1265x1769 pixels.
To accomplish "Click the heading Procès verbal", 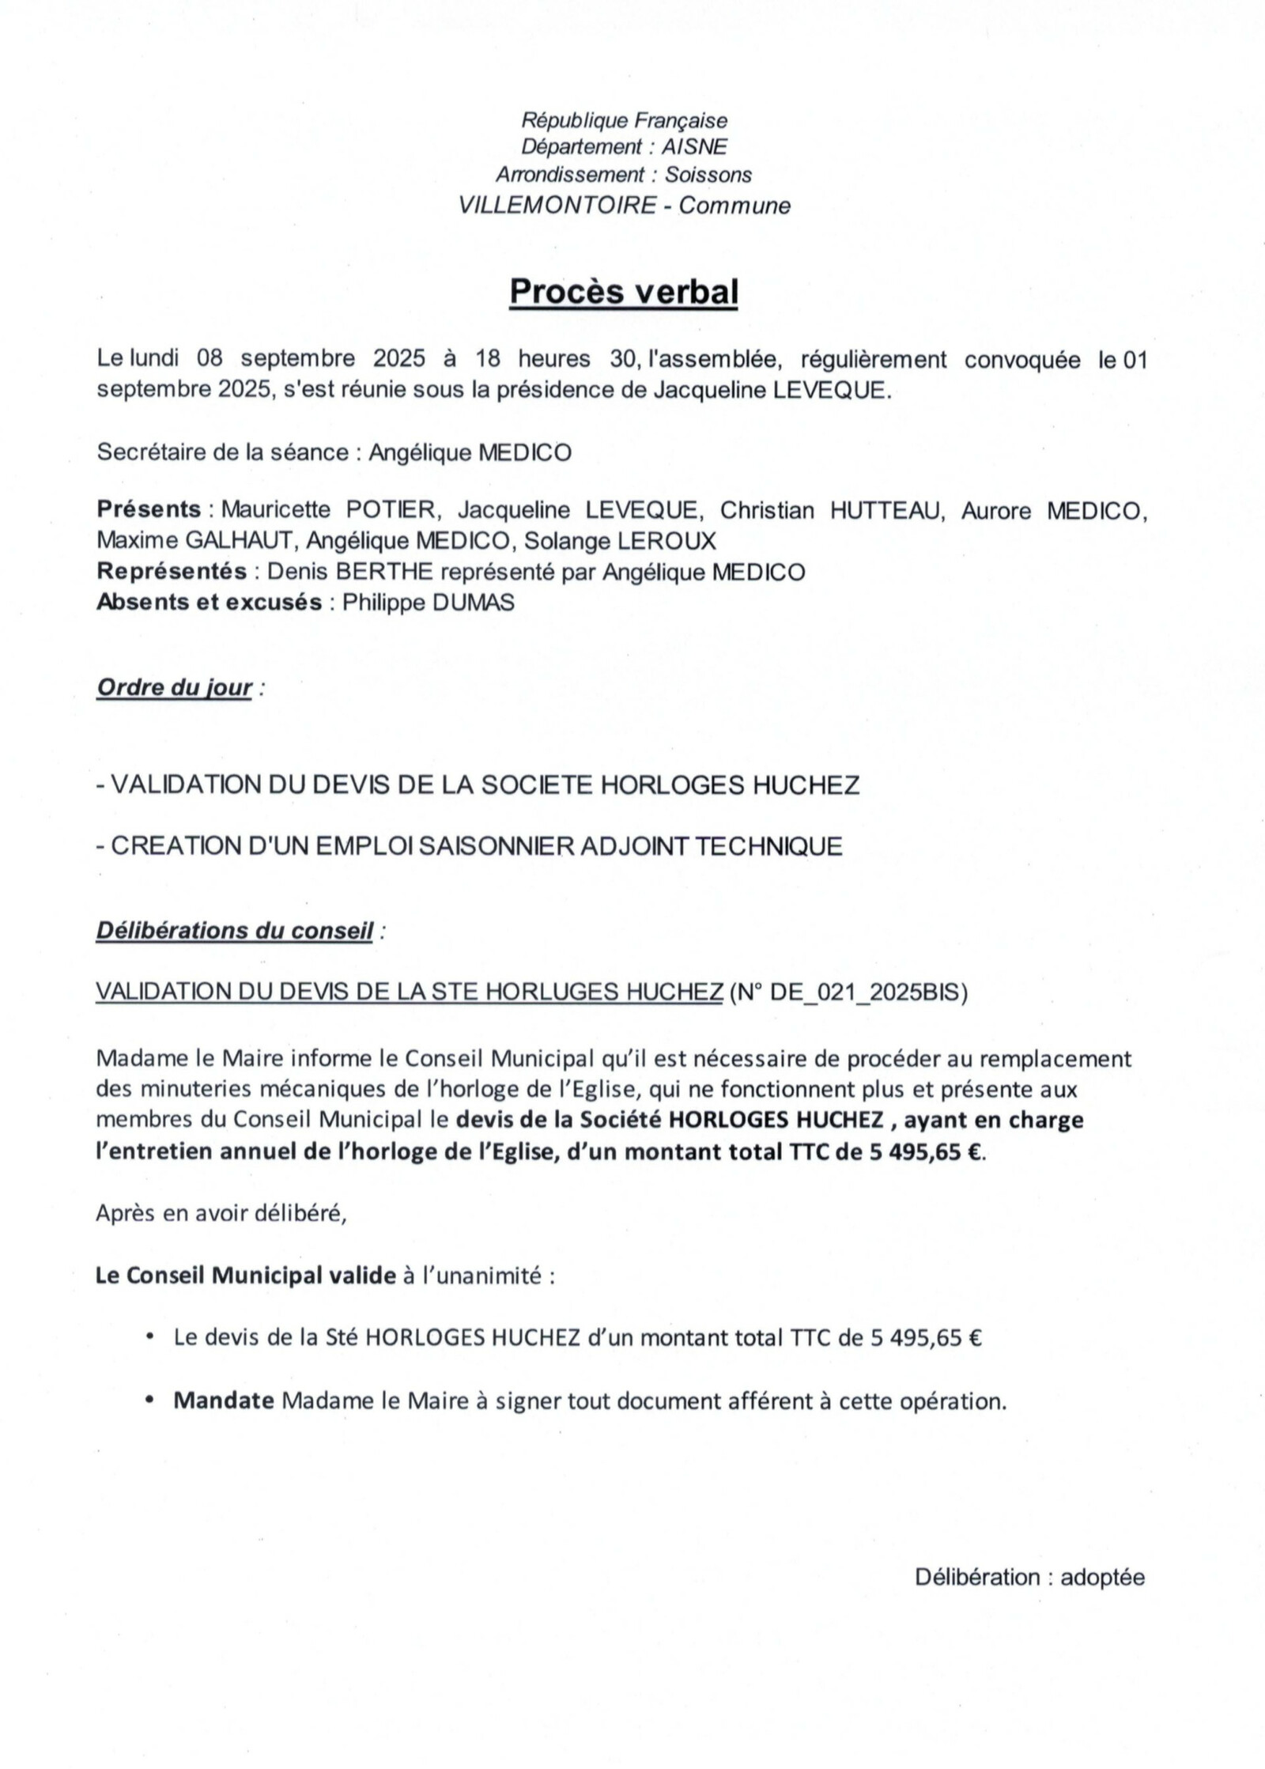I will click(624, 292).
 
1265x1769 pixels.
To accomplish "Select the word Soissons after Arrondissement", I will click(708, 175).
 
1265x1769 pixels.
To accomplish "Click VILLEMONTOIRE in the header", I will click(557, 206).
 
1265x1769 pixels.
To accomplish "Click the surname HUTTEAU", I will click(887, 510).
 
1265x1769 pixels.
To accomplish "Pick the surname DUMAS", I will click(473, 603).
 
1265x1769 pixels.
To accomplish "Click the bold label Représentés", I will click(172, 572).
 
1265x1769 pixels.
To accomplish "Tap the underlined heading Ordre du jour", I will click(174, 688).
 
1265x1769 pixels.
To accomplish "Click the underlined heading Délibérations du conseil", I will click(234, 931).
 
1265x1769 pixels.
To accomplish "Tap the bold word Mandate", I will click(224, 1401).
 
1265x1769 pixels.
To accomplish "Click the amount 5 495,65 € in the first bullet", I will click(927, 1338).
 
